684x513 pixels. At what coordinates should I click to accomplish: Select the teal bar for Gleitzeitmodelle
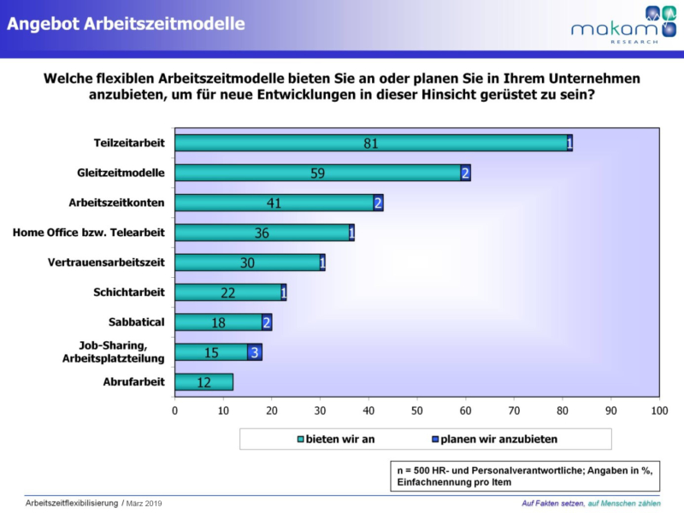(316, 173)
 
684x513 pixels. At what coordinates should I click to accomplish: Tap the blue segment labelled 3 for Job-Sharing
(255, 352)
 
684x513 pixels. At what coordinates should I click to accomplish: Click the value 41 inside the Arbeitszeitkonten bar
(274, 203)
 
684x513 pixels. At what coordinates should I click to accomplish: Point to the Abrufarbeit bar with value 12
(203, 382)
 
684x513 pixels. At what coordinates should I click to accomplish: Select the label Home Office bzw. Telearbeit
(89, 233)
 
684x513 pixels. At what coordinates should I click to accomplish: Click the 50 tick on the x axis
(417, 411)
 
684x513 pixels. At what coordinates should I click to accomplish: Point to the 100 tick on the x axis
(659, 411)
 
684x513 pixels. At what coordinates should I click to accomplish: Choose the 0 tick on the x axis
(175, 411)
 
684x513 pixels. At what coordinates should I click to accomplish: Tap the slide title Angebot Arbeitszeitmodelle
(126, 24)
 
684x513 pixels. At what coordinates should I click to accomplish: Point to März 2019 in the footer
(145, 503)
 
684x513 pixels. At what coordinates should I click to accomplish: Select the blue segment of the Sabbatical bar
(267, 322)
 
